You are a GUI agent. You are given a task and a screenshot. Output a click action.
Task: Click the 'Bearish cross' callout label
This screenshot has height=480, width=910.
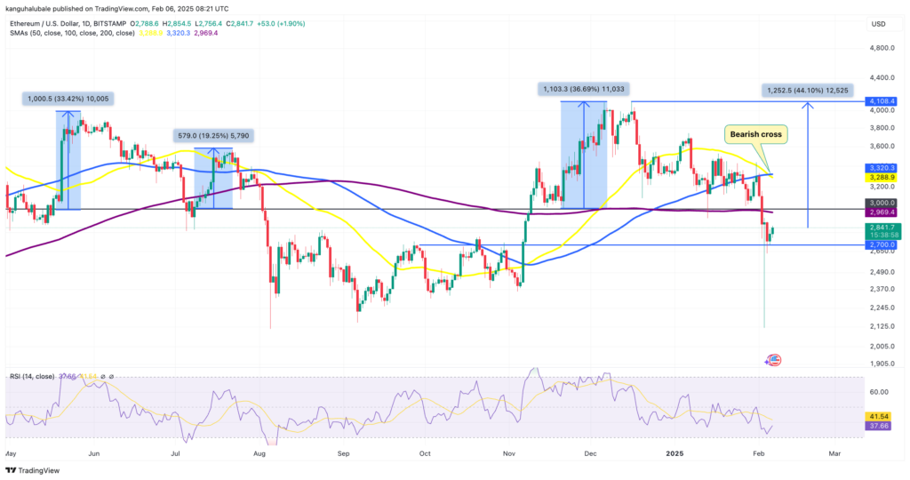(x=756, y=134)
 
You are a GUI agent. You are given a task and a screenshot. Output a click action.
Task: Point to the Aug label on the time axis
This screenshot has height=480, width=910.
(x=260, y=452)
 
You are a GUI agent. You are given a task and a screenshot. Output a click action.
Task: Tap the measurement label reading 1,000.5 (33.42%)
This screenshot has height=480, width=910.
(x=68, y=99)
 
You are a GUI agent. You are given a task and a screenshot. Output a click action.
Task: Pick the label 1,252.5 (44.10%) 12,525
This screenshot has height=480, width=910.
(x=807, y=90)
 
